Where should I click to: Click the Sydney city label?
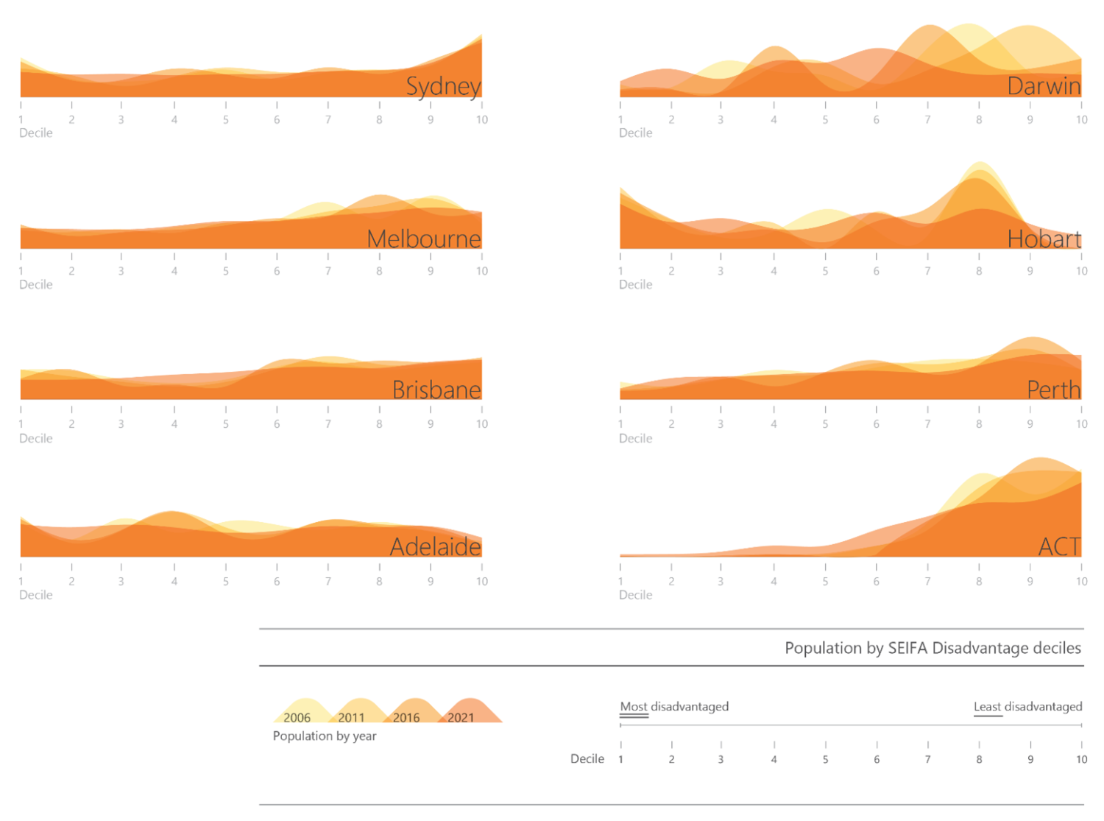443,86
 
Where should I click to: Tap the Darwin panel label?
1044,86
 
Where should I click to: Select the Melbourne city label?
423,239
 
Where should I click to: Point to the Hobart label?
1044,239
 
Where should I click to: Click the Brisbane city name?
436,390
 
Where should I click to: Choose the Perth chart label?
1053,390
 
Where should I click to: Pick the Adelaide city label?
435,546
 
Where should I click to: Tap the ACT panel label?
1059,546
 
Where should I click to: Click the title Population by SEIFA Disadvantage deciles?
933,648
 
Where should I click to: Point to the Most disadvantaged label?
674,706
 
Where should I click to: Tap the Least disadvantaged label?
1027,706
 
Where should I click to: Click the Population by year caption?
325,736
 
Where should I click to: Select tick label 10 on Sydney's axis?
481,119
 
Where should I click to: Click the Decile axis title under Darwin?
635,133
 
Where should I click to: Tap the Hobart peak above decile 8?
980,165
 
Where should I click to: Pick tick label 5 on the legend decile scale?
825,759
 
